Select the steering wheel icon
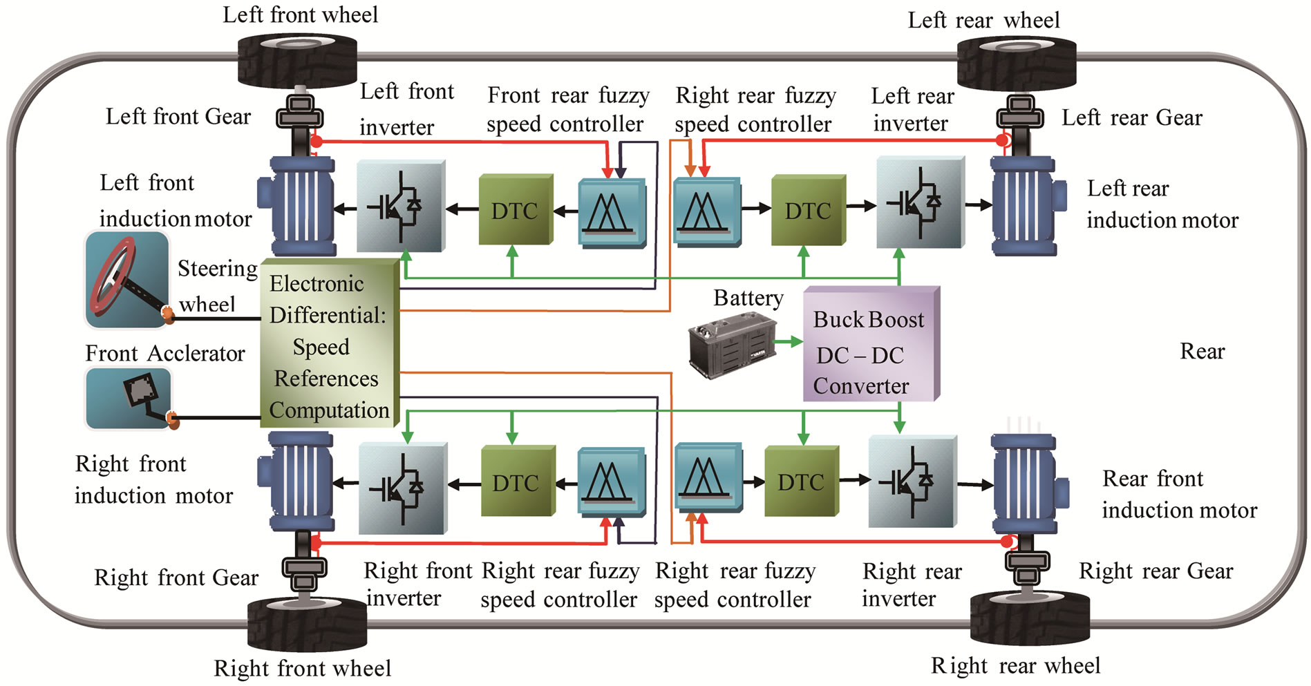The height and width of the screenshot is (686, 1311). (x=126, y=280)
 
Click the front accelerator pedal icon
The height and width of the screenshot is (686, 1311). (x=129, y=397)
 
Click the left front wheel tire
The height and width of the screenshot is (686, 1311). (x=298, y=61)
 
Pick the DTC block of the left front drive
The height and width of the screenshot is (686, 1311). (x=515, y=210)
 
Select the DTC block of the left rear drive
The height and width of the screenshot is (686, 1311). (x=807, y=210)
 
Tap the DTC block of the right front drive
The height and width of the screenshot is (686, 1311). (x=516, y=482)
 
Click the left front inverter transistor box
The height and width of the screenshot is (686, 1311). (x=399, y=206)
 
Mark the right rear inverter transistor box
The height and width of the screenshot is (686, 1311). (x=912, y=481)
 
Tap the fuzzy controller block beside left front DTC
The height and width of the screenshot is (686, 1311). (x=611, y=212)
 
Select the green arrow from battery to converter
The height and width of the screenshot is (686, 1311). (x=787, y=341)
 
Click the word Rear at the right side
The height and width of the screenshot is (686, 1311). (x=1202, y=352)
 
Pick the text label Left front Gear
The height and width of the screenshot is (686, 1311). (x=178, y=117)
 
